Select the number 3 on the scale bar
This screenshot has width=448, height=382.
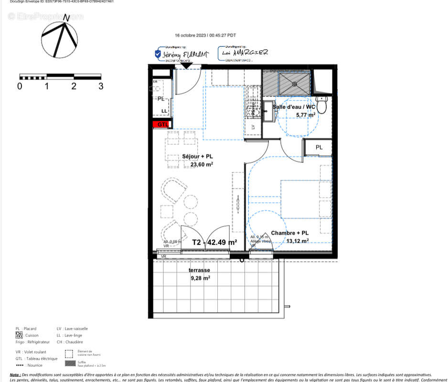tap(101, 86)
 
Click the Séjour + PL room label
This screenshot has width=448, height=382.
tap(198, 157)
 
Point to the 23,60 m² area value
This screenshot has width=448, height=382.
tap(202, 165)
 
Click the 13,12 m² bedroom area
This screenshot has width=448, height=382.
tap(297, 241)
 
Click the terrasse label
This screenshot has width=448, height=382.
tap(199, 270)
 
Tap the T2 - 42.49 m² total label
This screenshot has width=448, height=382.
tap(214, 242)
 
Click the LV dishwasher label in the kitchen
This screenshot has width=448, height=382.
tap(253, 127)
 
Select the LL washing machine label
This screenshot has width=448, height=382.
tap(164, 111)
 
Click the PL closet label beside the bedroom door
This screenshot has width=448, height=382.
tap(319, 148)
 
